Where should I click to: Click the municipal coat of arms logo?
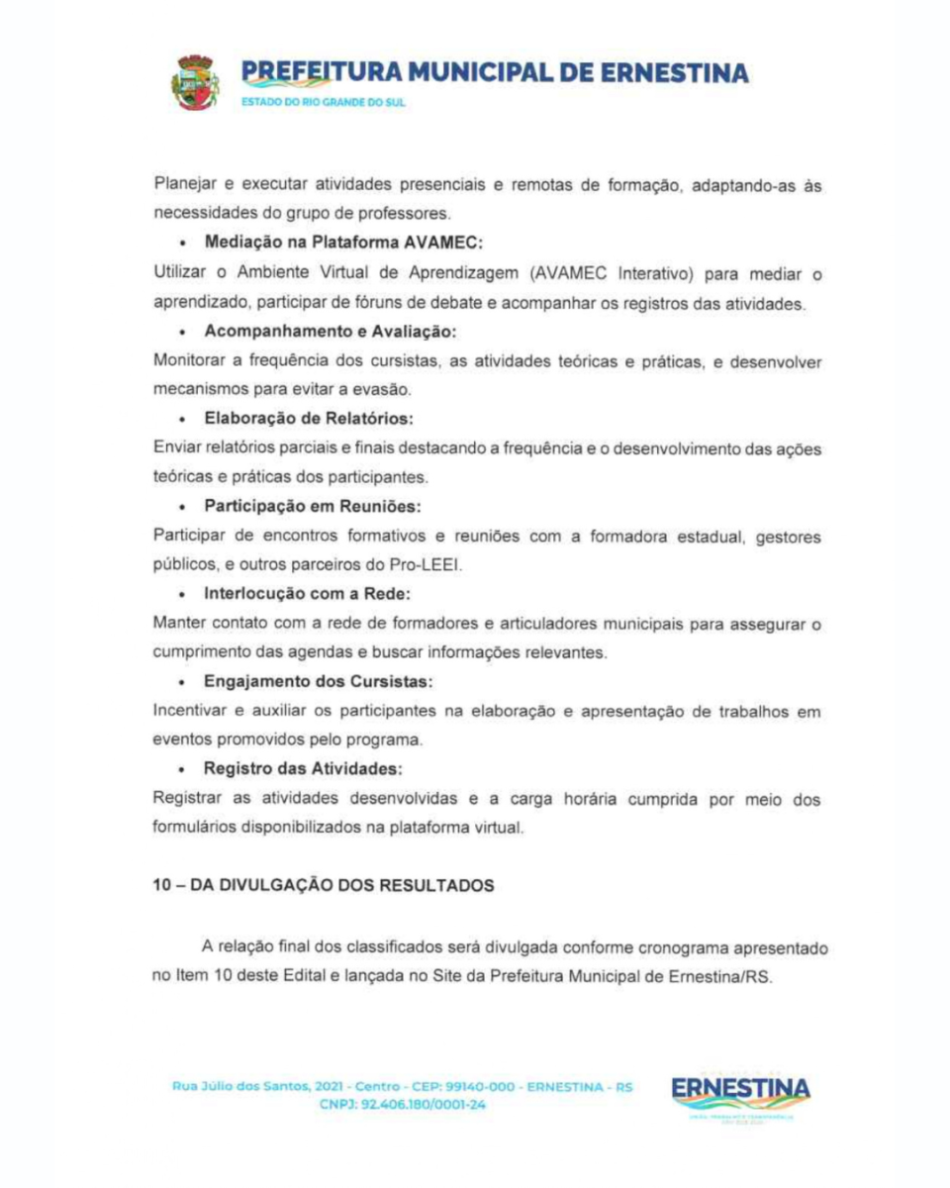[196, 82]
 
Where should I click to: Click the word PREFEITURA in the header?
[308, 72]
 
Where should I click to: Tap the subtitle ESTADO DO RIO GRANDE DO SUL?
[324, 102]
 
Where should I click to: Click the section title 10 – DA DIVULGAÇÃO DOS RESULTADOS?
[323, 886]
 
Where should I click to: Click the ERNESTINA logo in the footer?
[740, 1091]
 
